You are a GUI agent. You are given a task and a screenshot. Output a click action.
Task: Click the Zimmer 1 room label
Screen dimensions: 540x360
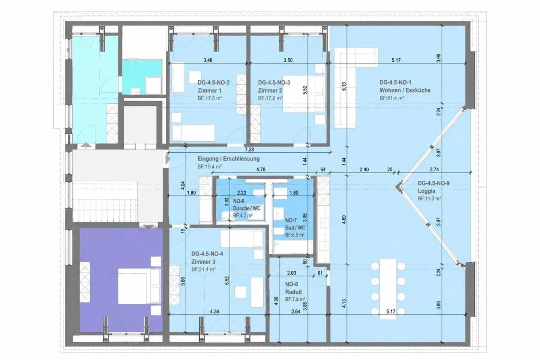(209, 91)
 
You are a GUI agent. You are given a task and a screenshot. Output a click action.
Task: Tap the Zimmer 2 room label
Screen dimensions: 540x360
(270, 91)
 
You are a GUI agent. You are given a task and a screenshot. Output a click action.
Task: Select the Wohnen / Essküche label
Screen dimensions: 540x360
(405, 90)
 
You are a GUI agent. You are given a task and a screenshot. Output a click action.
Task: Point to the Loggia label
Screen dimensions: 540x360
(426, 191)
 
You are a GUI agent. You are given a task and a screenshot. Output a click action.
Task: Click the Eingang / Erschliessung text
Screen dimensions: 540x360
(228, 159)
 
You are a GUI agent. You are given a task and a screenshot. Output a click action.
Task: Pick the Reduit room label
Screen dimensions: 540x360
(293, 292)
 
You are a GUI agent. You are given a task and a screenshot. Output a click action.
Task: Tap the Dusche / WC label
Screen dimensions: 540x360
(247, 208)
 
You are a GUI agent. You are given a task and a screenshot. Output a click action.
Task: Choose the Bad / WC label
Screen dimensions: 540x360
(295, 228)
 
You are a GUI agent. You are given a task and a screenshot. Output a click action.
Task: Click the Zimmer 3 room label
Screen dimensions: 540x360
(203, 262)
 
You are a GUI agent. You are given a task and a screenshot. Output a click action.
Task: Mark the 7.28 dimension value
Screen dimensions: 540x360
(249, 150)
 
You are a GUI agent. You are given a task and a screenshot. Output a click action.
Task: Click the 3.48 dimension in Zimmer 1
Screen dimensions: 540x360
(208, 60)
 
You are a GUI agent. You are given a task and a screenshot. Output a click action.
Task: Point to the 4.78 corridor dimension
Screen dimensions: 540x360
(261, 169)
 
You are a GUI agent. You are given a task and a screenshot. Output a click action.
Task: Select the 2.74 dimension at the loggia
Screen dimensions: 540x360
(434, 169)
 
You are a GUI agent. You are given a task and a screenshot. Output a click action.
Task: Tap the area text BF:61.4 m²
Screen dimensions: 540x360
(392, 98)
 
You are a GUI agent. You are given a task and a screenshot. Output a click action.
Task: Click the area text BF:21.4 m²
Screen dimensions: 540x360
(204, 269)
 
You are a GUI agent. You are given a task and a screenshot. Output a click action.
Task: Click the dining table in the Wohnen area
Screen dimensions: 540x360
(388, 289)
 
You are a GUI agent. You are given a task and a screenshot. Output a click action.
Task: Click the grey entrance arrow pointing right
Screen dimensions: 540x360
(168, 159)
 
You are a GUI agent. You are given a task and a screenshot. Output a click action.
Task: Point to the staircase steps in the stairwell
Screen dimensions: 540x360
(105, 202)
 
